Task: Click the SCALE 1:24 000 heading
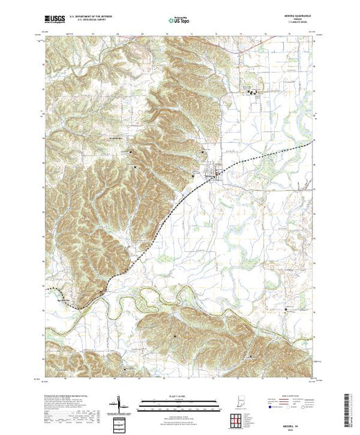pyautogui.click(x=178, y=396)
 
